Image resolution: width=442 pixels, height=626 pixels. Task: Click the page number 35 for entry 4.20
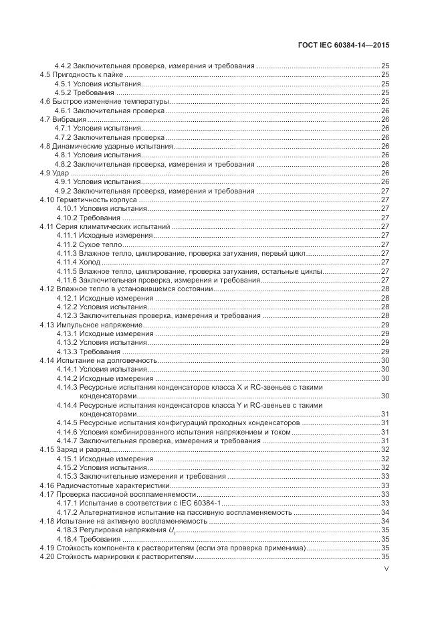click(385, 556)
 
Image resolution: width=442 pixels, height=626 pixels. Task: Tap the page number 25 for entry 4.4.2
click(385, 66)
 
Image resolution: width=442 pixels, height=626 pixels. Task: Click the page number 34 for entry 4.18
click(385, 520)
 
